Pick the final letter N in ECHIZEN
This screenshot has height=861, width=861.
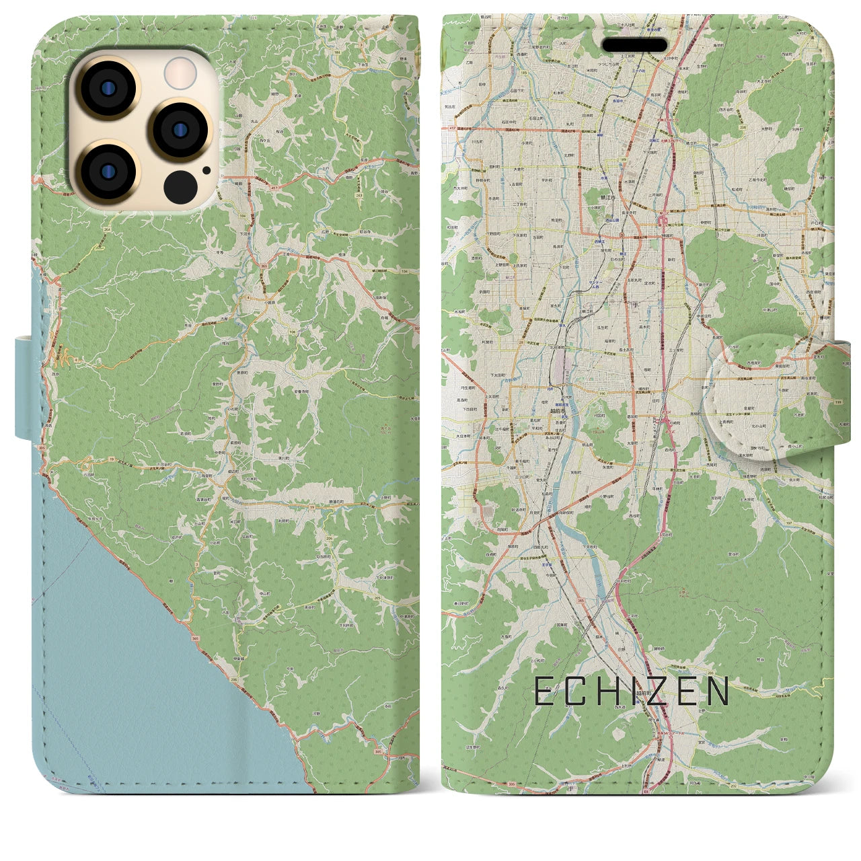click(718, 691)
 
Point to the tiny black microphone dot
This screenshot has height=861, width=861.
click(206, 170)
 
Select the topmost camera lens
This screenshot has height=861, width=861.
click(108, 90)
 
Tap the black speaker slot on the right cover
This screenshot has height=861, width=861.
click(634, 45)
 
